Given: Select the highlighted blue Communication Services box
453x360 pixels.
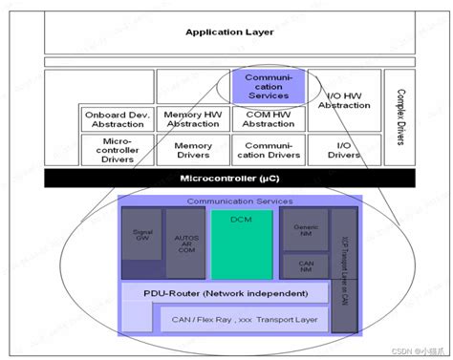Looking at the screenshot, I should (269, 84).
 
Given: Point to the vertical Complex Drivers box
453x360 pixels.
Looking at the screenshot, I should (396, 115).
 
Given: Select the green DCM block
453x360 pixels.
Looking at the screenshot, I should (241, 243).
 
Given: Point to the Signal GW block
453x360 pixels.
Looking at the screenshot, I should (140, 243).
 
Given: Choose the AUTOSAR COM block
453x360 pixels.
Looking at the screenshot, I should (184, 243).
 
